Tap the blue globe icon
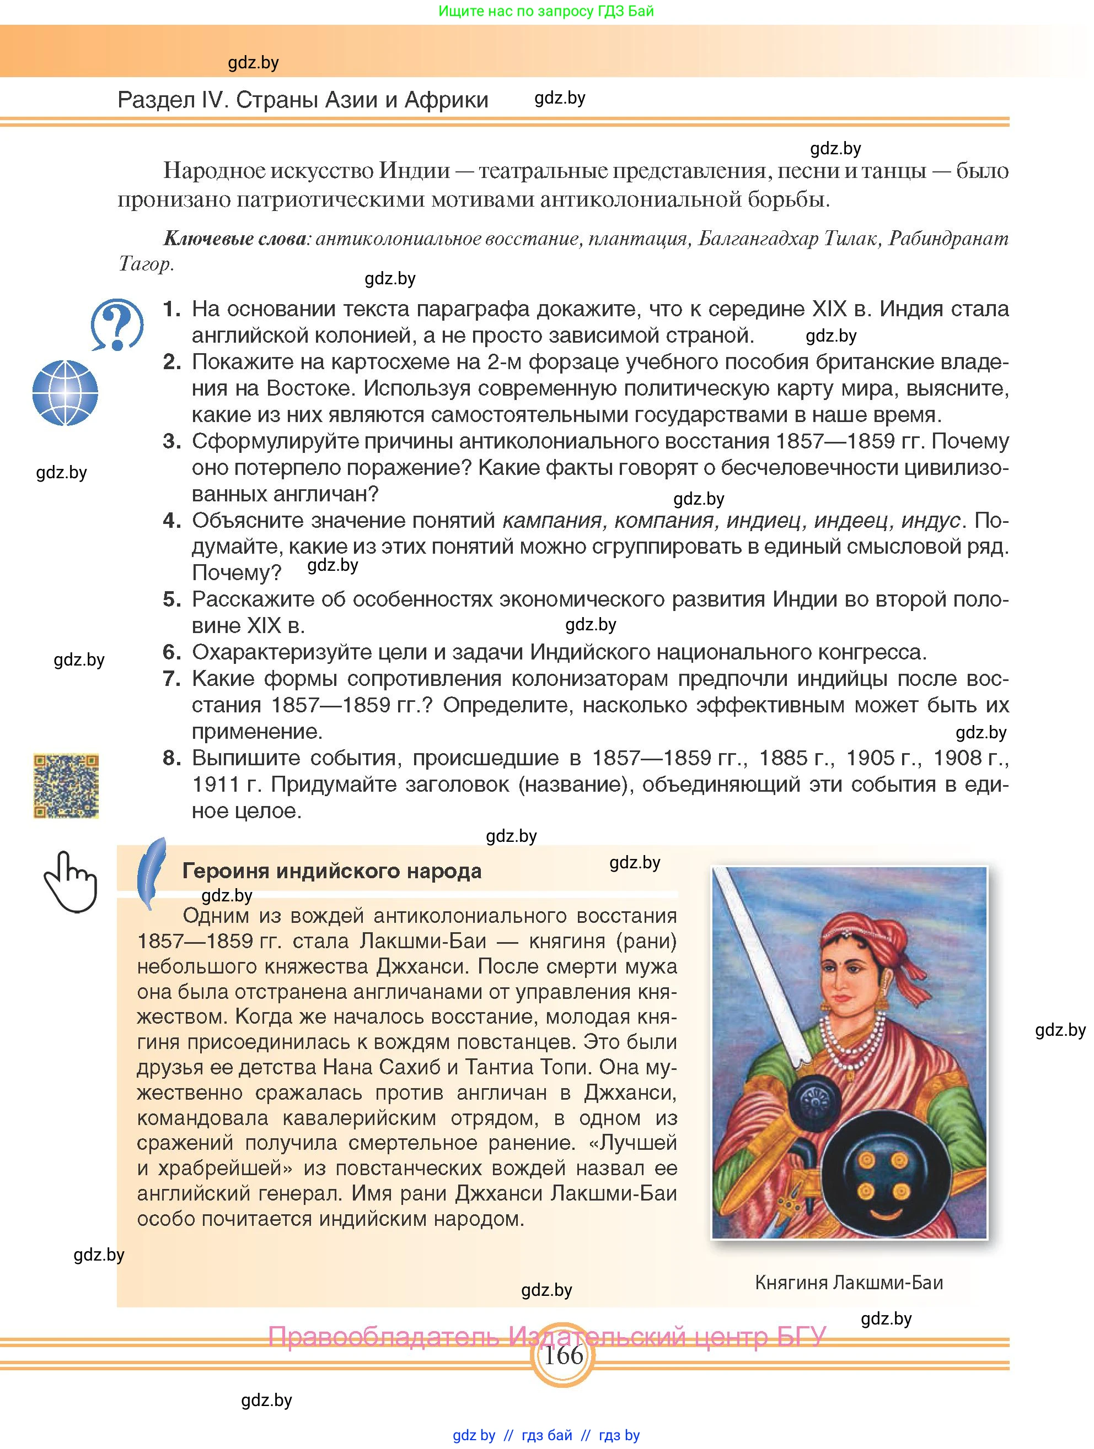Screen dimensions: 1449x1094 coord(65,393)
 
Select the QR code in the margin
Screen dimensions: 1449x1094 coord(66,786)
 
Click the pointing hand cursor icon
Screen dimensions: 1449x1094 coord(70,881)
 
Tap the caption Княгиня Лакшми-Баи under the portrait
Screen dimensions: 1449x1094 coord(849,1282)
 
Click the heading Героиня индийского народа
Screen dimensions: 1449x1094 coord(332,871)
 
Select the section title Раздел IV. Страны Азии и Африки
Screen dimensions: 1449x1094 coord(303,100)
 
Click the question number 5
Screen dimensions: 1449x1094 coord(171,599)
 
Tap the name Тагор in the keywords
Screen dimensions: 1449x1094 coord(144,263)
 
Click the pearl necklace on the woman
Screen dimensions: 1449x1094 coord(852,1048)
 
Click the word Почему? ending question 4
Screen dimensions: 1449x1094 coord(236,573)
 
